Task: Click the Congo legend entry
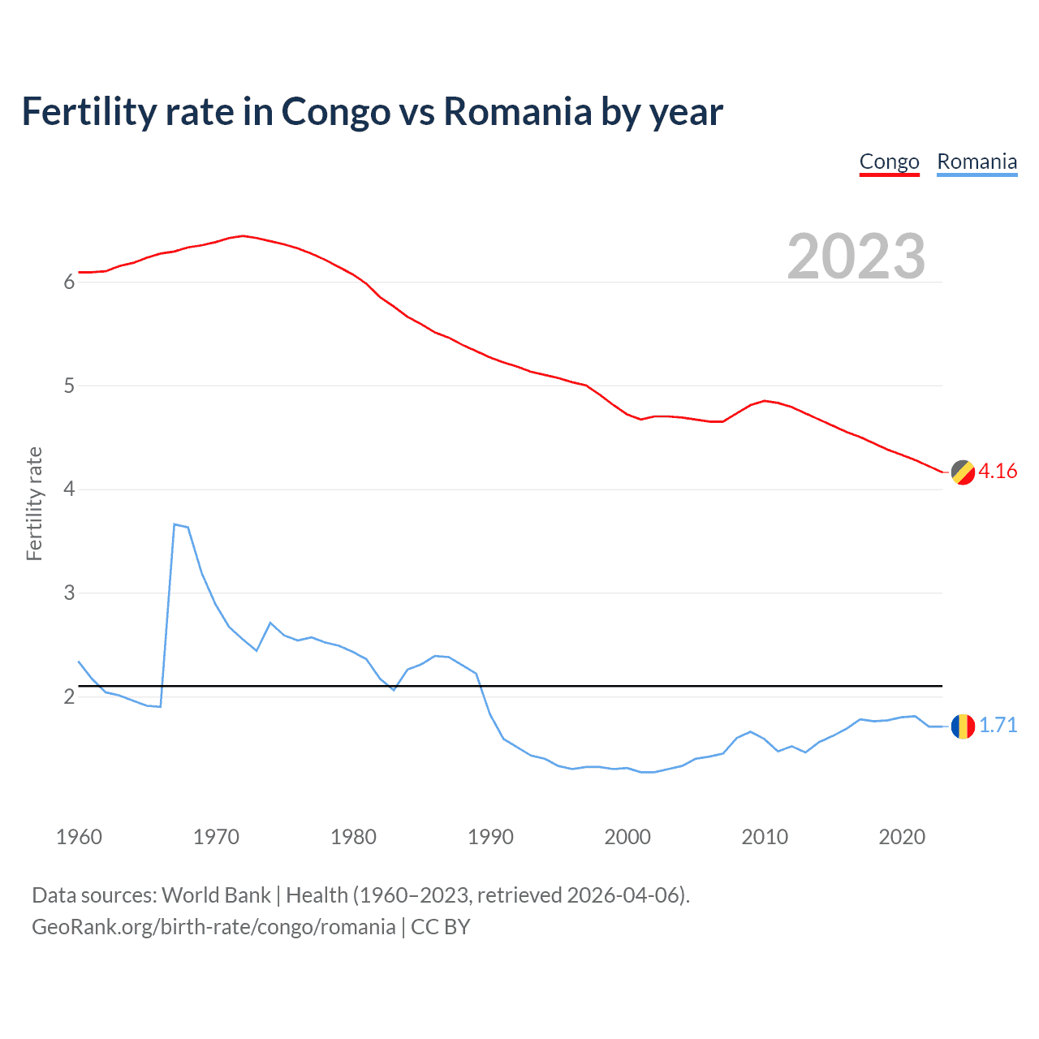[x=889, y=162]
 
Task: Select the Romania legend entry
[x=976, y=162]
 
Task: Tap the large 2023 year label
[x=856, y=257]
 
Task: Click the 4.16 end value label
[x=998, y=472]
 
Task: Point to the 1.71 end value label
[x=998, y=726]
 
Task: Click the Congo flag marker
[x=963, y=472]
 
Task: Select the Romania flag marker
[x=963, y=726]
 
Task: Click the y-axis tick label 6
[x=69, y=282]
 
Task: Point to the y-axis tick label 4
[x=69, y=489]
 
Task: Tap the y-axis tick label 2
[x=69, y=697]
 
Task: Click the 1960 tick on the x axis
[x=79, y=837]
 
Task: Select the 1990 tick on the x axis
[x=490, y=837]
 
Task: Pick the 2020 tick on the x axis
[x=902, y=837]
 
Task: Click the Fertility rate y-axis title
[x=34, y=503]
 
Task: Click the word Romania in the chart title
[x=517, y=111]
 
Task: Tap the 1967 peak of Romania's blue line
[x=175, y=524]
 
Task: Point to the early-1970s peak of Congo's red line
[x=243, y=235]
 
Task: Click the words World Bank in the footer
[x=216, y=895]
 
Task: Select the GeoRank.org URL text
[x=213, y=927]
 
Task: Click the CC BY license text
[x=441, y=927]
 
